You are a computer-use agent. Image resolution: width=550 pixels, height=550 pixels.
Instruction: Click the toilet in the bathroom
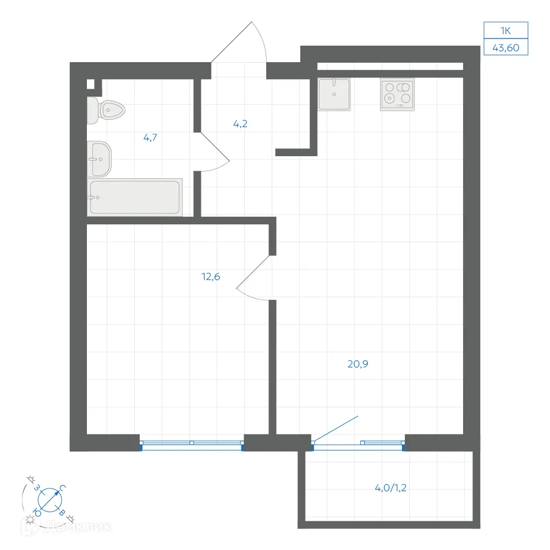pyautogui.click(x=106, y=110)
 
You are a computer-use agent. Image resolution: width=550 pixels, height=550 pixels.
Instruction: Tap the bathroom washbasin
pyautogui.click(x=99, y=159)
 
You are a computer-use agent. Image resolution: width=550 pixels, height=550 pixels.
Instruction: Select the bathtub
pyautogui.click(x=135, y=197)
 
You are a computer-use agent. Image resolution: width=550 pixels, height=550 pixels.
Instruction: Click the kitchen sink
pyautogui.click(x=334, y=95)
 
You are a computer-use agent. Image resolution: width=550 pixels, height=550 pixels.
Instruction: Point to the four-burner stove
pyautogui.click(x=398, y=95)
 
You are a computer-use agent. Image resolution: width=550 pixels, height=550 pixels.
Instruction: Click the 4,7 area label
pyautogui.click(x=150, y=137)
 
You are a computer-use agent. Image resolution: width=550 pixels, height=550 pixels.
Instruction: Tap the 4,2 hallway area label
pyautogui.click(x=240, y=123)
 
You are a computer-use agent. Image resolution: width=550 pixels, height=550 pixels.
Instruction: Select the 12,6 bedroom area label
pyautogui.click(x=211, y=277)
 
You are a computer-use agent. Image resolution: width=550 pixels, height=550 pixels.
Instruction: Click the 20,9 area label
pyautogui.click(x=358, y=364)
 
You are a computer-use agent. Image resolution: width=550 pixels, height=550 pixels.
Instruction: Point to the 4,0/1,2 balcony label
pyautogui.click(x=391, y=488)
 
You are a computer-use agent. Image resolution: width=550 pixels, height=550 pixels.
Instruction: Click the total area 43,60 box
pyautogui.click(x=506, y=47)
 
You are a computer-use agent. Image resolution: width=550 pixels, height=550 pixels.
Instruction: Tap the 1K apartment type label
pyautogui.click(x=505, y=30)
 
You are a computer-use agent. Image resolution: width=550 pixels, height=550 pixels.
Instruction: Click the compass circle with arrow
pyautogui.click(x=50, y=499)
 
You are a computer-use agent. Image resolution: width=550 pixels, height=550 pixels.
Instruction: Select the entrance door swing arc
pyautogui.click(x=260, y=39)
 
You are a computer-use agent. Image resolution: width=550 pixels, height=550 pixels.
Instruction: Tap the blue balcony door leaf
pyautogui.click(x=335, y=428)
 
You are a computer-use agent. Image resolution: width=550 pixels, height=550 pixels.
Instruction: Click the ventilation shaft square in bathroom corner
pyautogui.click(x=91, y=84)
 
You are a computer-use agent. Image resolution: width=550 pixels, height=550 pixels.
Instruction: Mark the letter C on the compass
pyautogui.click(x=63, y=488)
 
